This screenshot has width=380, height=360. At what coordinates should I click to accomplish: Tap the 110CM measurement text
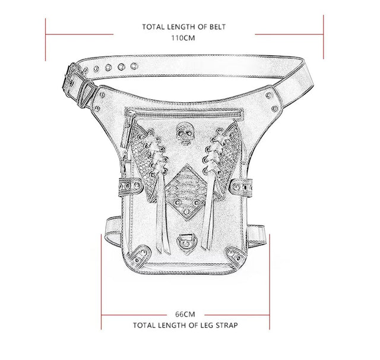(185, 37)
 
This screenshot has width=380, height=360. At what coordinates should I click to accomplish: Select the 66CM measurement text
(185, 314)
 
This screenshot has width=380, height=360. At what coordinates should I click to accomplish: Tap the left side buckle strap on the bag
(129, 188)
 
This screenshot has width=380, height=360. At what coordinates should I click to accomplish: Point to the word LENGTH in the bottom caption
(172, 325)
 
